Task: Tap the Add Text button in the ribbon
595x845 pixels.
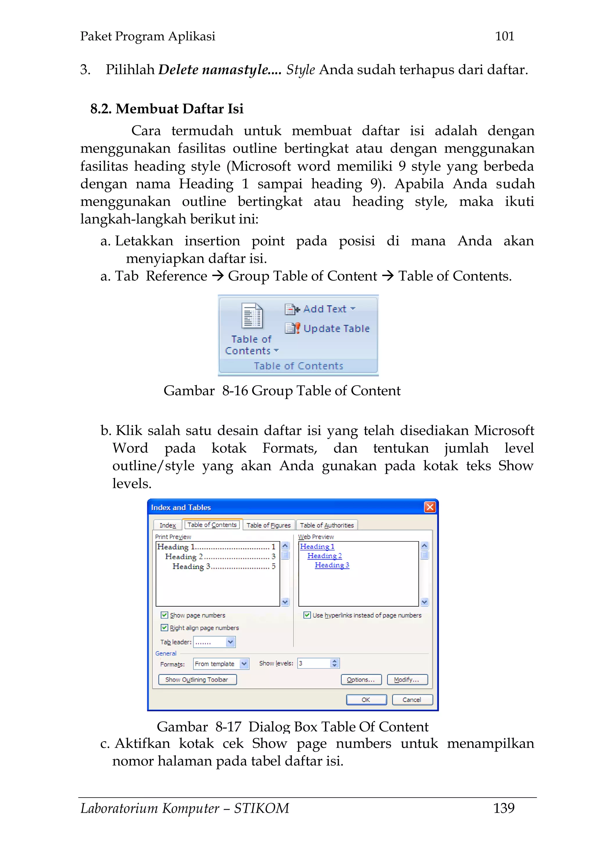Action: point(320,309)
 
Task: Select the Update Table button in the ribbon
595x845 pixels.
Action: point(328,328)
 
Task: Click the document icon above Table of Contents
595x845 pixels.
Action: point(252,315)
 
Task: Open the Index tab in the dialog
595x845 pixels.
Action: point(168,525)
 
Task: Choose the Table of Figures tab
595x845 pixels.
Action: point(268,525)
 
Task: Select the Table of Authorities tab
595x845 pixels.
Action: point(327,525)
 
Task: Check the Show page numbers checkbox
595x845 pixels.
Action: point(164,615)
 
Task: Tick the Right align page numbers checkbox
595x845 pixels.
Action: point(164,627)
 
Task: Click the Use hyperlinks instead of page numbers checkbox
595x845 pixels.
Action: point(307,615)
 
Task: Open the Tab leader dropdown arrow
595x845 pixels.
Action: point(230,642)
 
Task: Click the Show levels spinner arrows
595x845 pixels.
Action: point(334,663)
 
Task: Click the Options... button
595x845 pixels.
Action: point(361,679)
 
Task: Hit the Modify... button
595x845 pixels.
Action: point(407,679)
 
